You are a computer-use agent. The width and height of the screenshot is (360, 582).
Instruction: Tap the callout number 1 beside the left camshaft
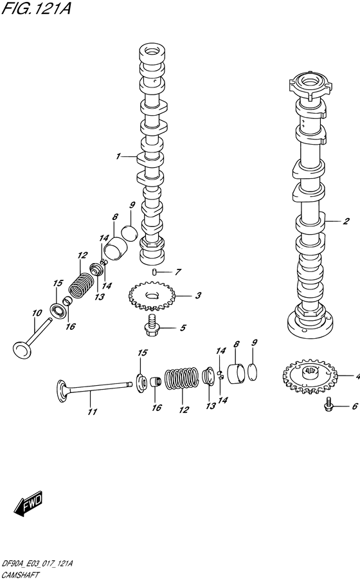point(118,156)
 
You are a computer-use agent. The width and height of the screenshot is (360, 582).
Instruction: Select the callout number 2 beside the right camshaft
point(345,222)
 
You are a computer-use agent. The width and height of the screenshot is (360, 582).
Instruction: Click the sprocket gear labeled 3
point(152,296)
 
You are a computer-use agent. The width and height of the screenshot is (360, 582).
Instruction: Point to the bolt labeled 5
point(154,325)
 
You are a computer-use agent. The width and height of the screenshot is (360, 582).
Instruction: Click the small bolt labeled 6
point(330,406)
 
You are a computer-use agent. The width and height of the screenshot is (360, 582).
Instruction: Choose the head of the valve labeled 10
point(22,350)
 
